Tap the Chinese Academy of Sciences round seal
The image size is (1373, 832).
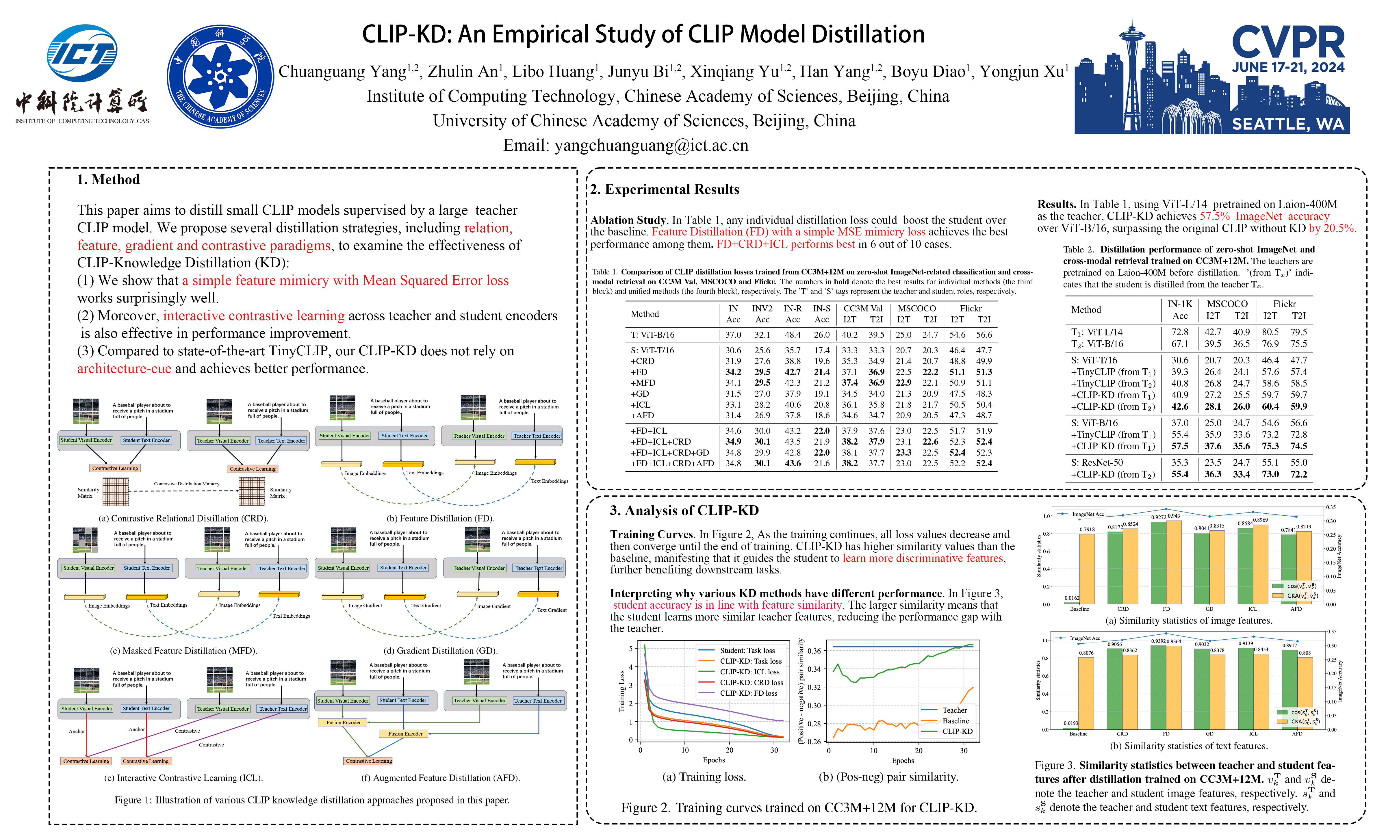[x=221, y=76]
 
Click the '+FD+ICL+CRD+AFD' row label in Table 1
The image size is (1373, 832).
[x=671, y=463]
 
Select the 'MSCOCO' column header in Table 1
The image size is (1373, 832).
[x=916, y=308]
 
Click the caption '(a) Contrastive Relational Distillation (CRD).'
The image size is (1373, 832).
[x=183, y=518]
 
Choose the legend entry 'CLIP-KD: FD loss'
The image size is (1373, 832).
[x=748, y=693]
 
